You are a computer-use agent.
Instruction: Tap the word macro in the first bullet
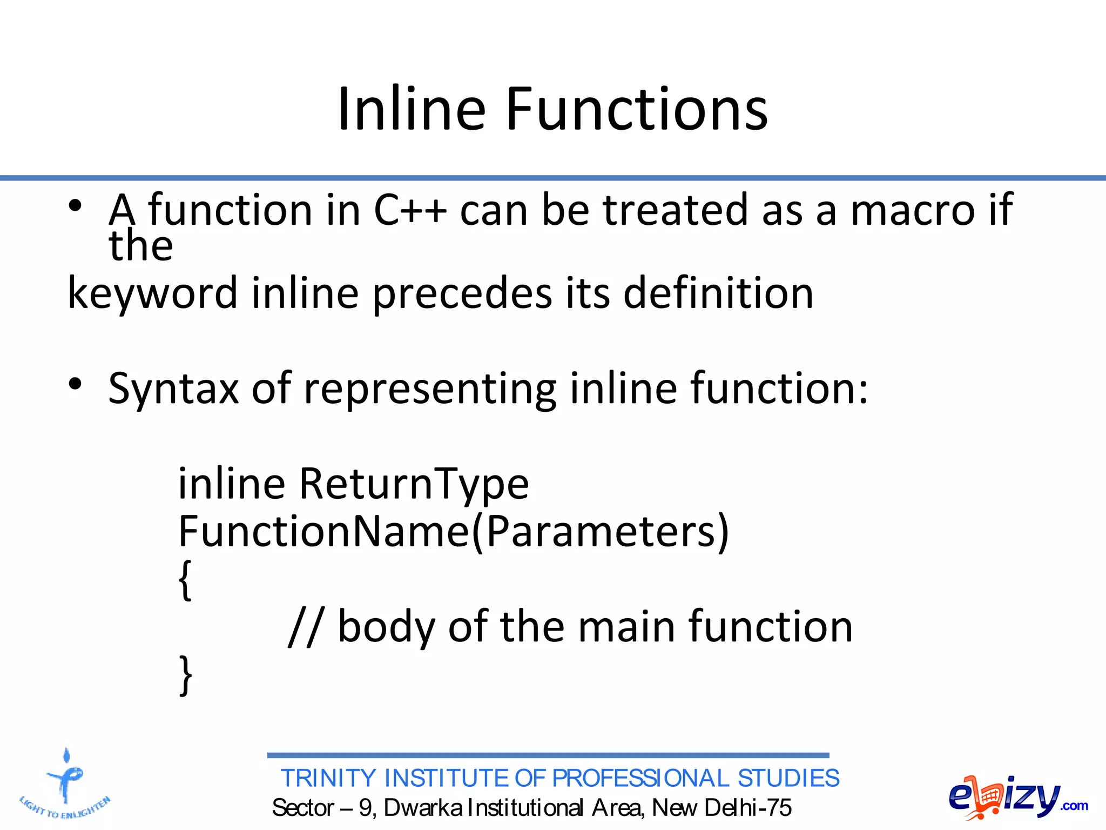pyautogui.click(x=912, y=211)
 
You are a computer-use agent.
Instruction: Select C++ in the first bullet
pyautogui.click(x=410, y=211)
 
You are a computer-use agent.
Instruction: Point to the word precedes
pyautogui.click(x=462, y=293)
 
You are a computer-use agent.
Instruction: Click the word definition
pyautogui.click(x=718, y=293)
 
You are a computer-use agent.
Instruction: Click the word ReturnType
pyautogui.click(x=414, y=484)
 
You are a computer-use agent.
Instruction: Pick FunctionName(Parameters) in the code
pyautogui.click(x=454, y=532)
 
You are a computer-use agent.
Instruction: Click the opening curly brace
pyautogui.click(x=185, y=580)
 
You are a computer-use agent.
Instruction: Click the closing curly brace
pyautogui.click(x=185, y=675)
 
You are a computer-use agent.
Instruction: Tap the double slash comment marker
pyautogui.click(x=306, y=627)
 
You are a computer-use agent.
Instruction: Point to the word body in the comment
pyautogui.click(x=386, y=627)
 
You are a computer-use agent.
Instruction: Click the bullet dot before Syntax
pyautogui.click(x=75, y=384)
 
